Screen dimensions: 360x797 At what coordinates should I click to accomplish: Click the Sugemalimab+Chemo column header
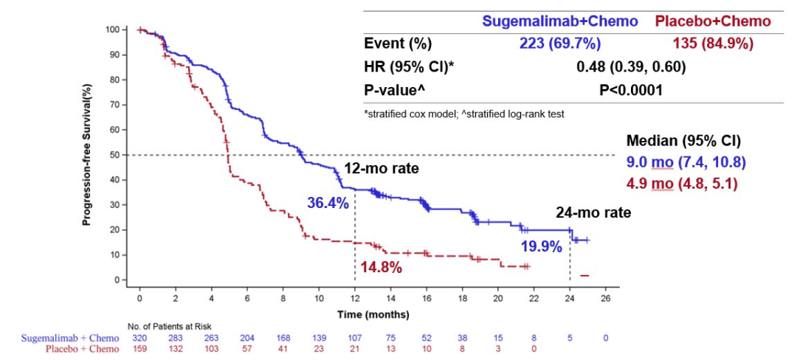click(560, 21)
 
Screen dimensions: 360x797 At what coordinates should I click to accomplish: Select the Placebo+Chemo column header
click(713, 21)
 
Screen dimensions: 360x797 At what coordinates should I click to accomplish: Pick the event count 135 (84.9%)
click(714, 44)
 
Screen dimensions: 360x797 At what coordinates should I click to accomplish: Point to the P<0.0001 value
click(631, 90)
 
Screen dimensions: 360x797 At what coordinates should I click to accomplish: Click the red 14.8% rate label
click(381, 267)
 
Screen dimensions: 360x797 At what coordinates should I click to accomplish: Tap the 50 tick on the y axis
click(114, 155)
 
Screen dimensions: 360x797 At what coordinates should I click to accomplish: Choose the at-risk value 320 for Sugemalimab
click(139, 337)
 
